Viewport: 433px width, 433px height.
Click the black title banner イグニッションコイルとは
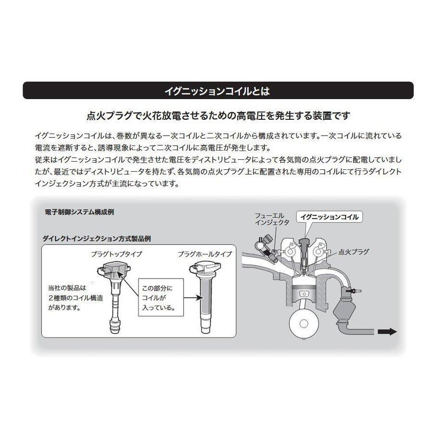click(216, 90)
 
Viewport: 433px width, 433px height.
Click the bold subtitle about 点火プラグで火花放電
click(216, 116)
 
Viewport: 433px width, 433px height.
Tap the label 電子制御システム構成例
click(79, 212)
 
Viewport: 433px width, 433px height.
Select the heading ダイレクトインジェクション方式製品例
click(98, 238)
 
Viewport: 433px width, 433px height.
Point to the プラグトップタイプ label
click(116, 254)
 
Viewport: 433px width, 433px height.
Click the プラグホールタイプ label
click(204, 254)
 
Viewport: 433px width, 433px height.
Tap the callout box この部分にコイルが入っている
click(159, 296)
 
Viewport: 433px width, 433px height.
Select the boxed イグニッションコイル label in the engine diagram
click(329, 217)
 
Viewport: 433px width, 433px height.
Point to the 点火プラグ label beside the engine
click(354, 251)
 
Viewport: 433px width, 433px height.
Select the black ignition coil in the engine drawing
click(304, 245)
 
